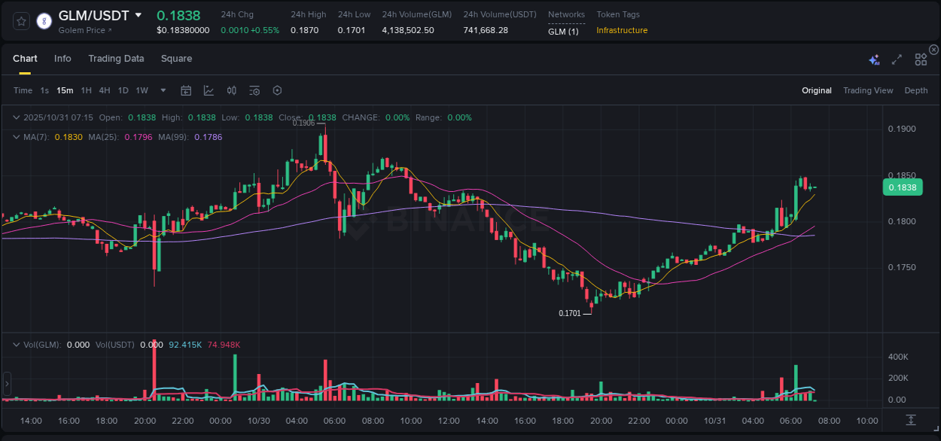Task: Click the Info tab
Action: tap(62, 59)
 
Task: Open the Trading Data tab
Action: tap(116, 59)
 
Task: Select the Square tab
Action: tap(176, 59)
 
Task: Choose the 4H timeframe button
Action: tap(105, 90)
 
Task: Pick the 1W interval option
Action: tap(142, 90)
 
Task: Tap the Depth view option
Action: tap(915, 90)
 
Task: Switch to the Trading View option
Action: tap(867, 90)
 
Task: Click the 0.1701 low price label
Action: tap(570, 313)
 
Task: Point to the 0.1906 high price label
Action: tap(303, 123)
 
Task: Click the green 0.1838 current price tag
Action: tap(902, 187)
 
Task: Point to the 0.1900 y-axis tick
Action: tap(902, 129)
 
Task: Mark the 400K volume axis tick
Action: tap(897, 357)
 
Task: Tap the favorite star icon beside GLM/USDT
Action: tap(22, 21)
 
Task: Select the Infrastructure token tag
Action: tap(622, 30)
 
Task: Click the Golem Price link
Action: tap(85, 30)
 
